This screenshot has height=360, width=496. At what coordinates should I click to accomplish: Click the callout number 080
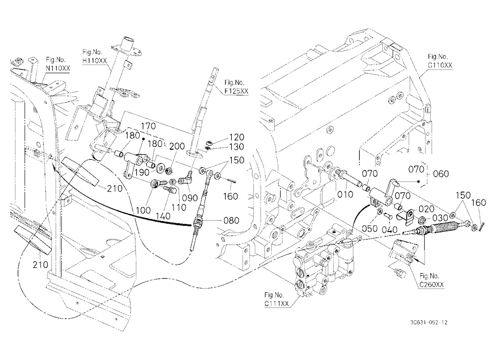(231, 220)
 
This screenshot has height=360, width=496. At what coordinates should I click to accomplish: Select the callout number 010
(345, 194)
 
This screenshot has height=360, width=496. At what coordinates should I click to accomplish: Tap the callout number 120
(237, 137)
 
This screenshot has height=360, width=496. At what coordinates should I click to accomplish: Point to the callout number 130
(237, 147)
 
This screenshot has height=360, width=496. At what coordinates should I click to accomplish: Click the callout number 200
(177, 146)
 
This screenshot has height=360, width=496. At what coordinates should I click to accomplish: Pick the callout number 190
(142, 172)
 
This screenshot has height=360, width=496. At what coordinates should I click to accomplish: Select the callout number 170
(148, 126)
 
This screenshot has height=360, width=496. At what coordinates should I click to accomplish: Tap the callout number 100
(144, 210)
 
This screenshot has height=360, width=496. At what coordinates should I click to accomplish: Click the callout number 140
(163, 216)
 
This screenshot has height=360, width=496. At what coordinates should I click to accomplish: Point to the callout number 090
(190, 198)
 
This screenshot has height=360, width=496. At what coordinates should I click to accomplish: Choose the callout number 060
(440, 174)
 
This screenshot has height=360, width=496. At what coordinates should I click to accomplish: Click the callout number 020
(426, 209)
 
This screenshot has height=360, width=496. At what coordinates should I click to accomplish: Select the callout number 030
(440, 218)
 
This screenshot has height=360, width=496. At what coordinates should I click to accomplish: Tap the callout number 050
(370, 229)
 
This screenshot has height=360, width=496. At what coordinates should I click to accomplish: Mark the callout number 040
(389, 230)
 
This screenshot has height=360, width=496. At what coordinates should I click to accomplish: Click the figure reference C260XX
(432, 285)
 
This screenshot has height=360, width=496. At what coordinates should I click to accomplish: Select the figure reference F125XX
(236, 91)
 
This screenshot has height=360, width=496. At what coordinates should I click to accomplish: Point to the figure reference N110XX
(58, 68)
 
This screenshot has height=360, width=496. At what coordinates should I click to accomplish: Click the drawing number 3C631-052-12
(429, 323)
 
